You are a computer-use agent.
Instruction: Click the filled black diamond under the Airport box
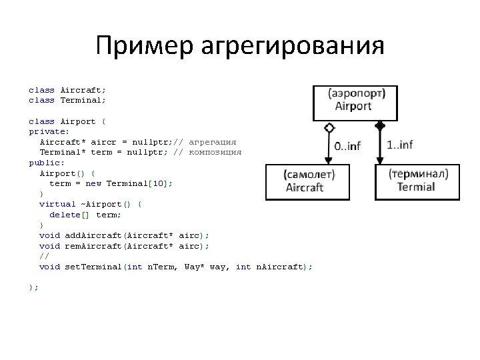(380, 125)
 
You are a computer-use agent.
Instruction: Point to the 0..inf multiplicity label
(347, 146)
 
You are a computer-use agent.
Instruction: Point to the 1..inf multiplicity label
(399, 144)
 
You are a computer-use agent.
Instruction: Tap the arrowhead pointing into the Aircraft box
(328, 160)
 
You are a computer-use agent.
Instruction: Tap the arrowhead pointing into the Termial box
(380, 160)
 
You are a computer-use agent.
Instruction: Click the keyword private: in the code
(45, 131)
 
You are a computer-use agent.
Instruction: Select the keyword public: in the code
(43, 162)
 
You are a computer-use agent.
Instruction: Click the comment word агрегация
(213, 142)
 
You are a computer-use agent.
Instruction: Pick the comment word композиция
(215, 152)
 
